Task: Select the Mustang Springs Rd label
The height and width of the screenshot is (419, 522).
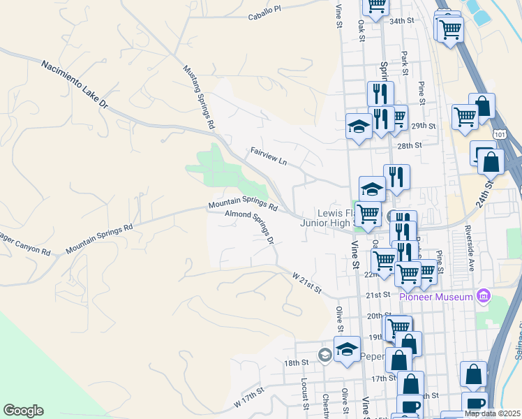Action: pyautogui.click(x=198, y=97)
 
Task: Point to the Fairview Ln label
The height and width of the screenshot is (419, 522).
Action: pyautogui.click(x=269, y=156)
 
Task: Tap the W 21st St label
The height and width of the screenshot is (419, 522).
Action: pyautogui.click(x=306, y=284)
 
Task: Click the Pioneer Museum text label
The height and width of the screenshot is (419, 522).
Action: pyautogui.click(x=435, y=297)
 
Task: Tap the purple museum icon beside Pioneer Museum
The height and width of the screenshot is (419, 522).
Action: pyautogui.click(x=482, y=297)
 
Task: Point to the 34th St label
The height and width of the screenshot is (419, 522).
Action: pyautogui.click(x=402, y=21)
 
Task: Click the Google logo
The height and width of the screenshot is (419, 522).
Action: pyautogui.click(x=23, y=411)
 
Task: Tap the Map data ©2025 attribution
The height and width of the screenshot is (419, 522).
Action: pyautogui.click(x=493, y=413)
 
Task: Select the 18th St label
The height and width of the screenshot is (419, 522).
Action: pyautogui.click(x=296, y=363)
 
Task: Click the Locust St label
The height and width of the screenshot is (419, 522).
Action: pyautogui.click(x=305, y=395)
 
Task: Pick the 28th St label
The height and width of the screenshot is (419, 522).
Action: pyautogui.click(x=410, y=145)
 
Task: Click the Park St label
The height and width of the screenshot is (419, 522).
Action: pyautogui.click(x=405, y=61)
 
